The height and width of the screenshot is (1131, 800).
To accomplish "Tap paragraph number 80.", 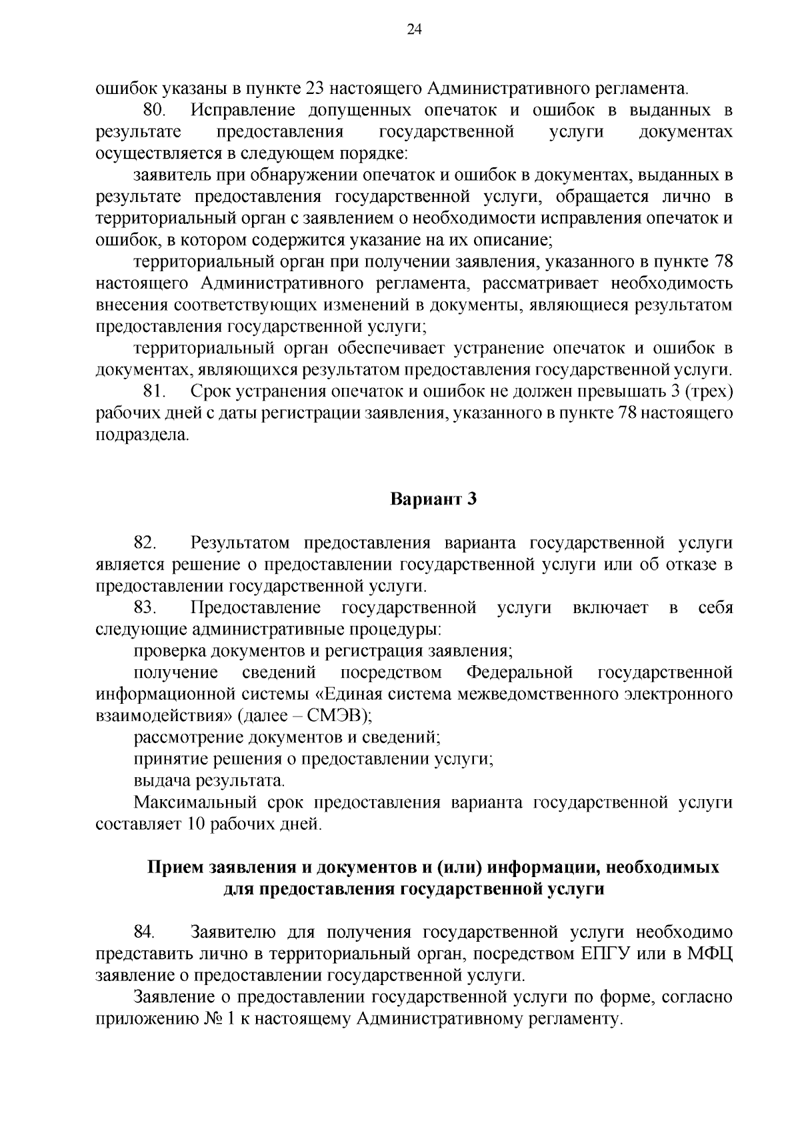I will point(154,110).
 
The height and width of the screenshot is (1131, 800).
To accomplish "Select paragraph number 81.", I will point(154,392).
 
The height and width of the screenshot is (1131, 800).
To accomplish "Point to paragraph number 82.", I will point(145,543).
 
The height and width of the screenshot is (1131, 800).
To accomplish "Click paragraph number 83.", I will point(145,608).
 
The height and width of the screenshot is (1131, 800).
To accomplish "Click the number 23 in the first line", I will point(315,88).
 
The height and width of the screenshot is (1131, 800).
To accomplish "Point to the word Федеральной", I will point(520,672).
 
